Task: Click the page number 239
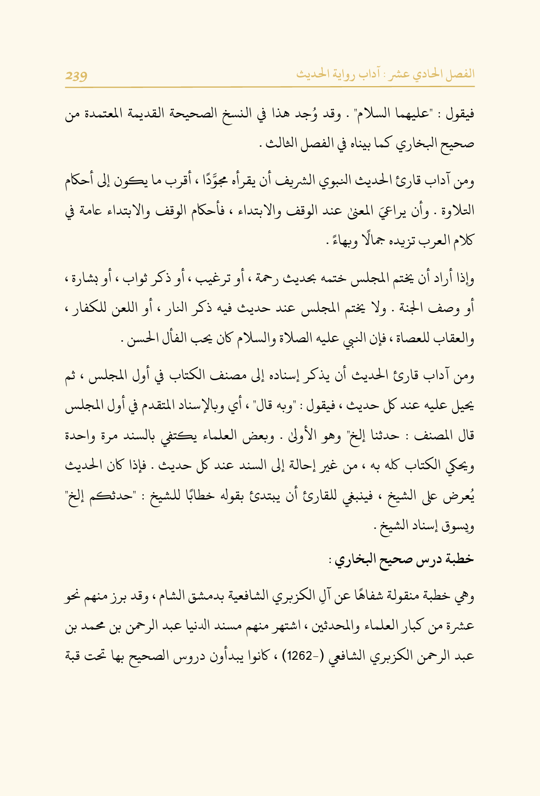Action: (x=76, y=75)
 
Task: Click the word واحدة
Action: (x=81, y=436)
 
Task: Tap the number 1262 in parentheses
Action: (x=301, y=655)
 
